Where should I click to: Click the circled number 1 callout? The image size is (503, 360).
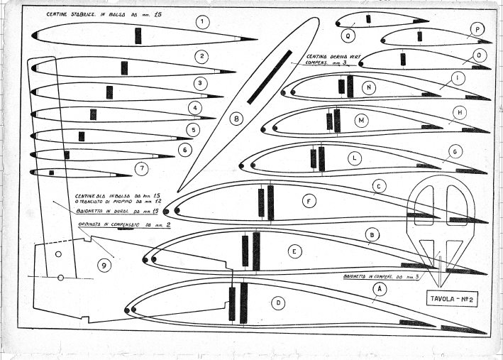[x=204, y=22]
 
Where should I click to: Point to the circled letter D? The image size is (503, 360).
[x=280, y=302]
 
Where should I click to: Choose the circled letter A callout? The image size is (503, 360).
[x=380, y=289]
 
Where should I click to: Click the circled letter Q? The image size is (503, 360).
[x=349, y=33]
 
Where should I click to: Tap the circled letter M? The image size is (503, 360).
[x=361, y=121]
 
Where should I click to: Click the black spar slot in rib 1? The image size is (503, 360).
[x=138, y=36]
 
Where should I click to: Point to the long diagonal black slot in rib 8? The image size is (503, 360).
[x=270, y=77]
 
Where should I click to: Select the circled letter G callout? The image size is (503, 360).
[x=456, y=151]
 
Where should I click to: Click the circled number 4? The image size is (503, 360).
[x=192, y=108]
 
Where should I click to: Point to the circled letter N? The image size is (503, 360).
[x=370, y=87]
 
